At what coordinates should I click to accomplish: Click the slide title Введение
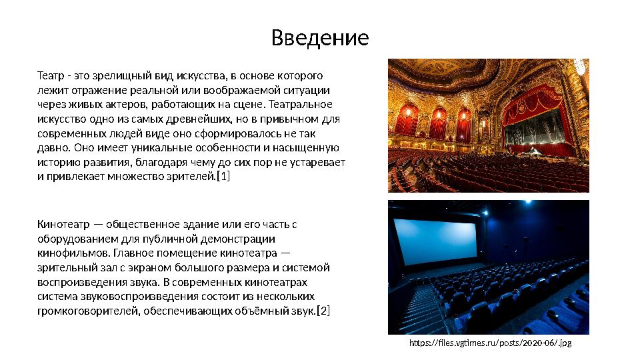pos(320,38)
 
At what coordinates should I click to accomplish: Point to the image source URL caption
pos(490,343)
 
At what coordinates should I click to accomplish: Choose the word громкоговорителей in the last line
pos(87,311)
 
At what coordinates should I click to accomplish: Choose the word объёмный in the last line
pos(269,311)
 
